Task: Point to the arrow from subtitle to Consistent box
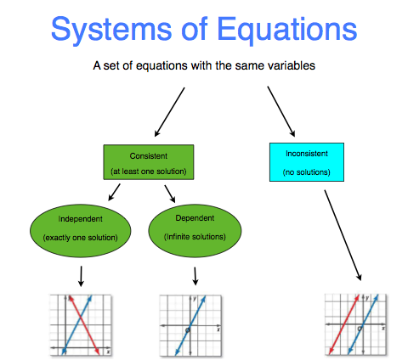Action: click(x=170, y=110)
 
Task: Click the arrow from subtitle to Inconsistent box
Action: click(x=280, y=109)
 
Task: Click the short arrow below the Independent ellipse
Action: click(x=81, y=275)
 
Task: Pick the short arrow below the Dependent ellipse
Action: click(x=195, y=275)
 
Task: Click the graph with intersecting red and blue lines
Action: click(x=80, y=323)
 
